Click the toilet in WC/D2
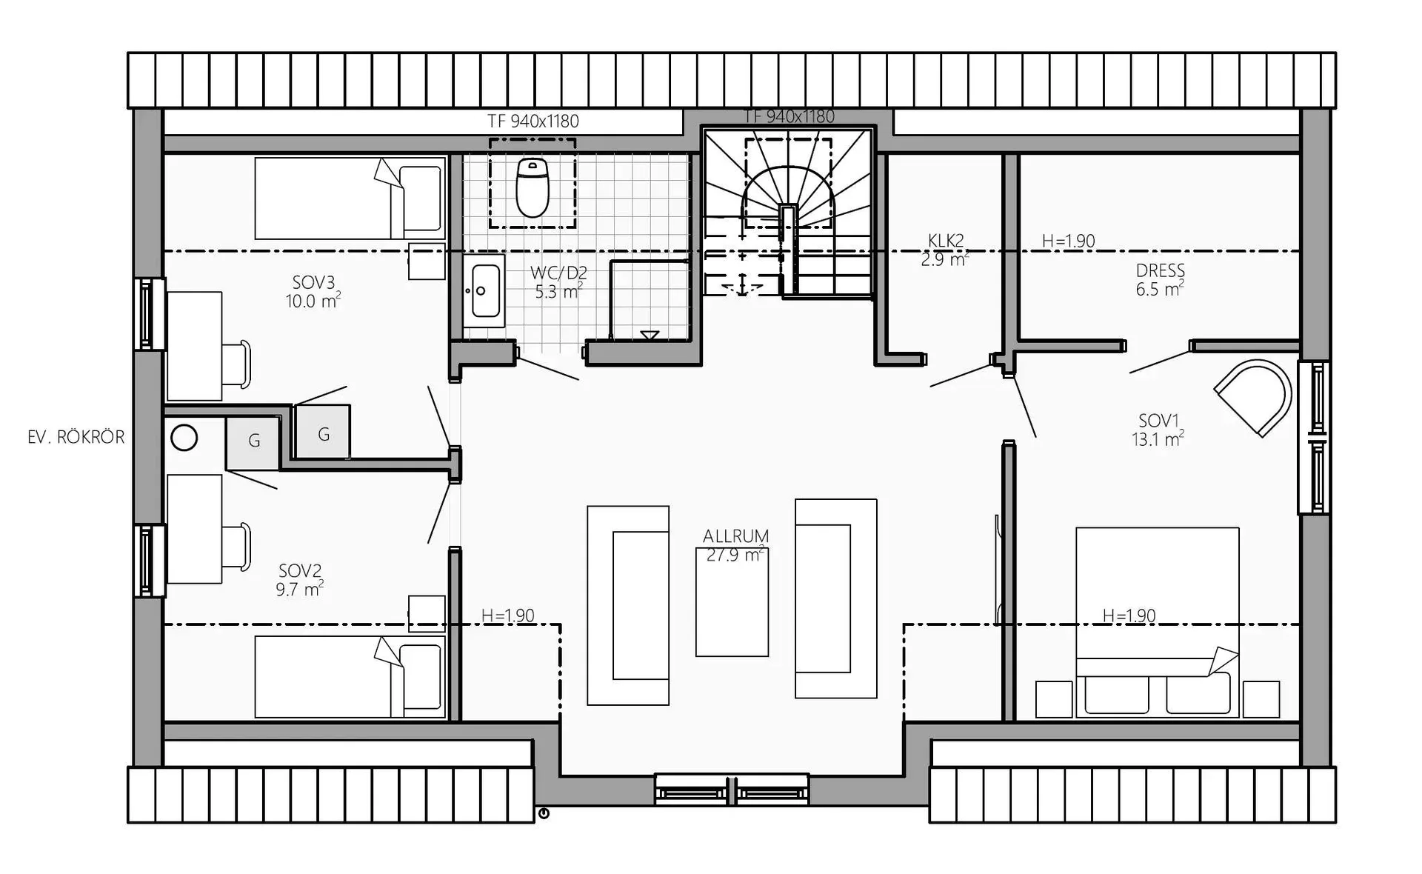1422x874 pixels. (x=533, y=187)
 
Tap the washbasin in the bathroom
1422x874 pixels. (x=485, y=291)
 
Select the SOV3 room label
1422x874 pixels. (x=313, y=282)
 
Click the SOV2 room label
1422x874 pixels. (x=300, y=571)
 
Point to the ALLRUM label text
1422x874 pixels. (x=735, y=536)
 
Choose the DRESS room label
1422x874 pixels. (x=1160, y=270)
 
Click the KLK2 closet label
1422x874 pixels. (x=946, y=241)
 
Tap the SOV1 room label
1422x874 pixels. (x=1158, y=421)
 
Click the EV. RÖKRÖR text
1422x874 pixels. (x=76, y=437)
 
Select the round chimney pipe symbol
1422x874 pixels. (x=184, y=438)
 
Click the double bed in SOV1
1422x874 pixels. (x=1157, y=622)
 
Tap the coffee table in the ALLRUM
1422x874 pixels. (x=732, y=601)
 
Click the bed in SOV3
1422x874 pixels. (x=350, y=198)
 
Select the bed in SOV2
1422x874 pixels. (x=350, y=676)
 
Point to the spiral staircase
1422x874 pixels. (x=789, y=213)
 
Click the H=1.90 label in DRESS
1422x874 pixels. (x=1068, y=241)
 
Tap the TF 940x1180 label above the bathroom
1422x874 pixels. (x=533, y=121)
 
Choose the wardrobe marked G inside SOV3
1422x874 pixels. (x=323, y=432)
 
